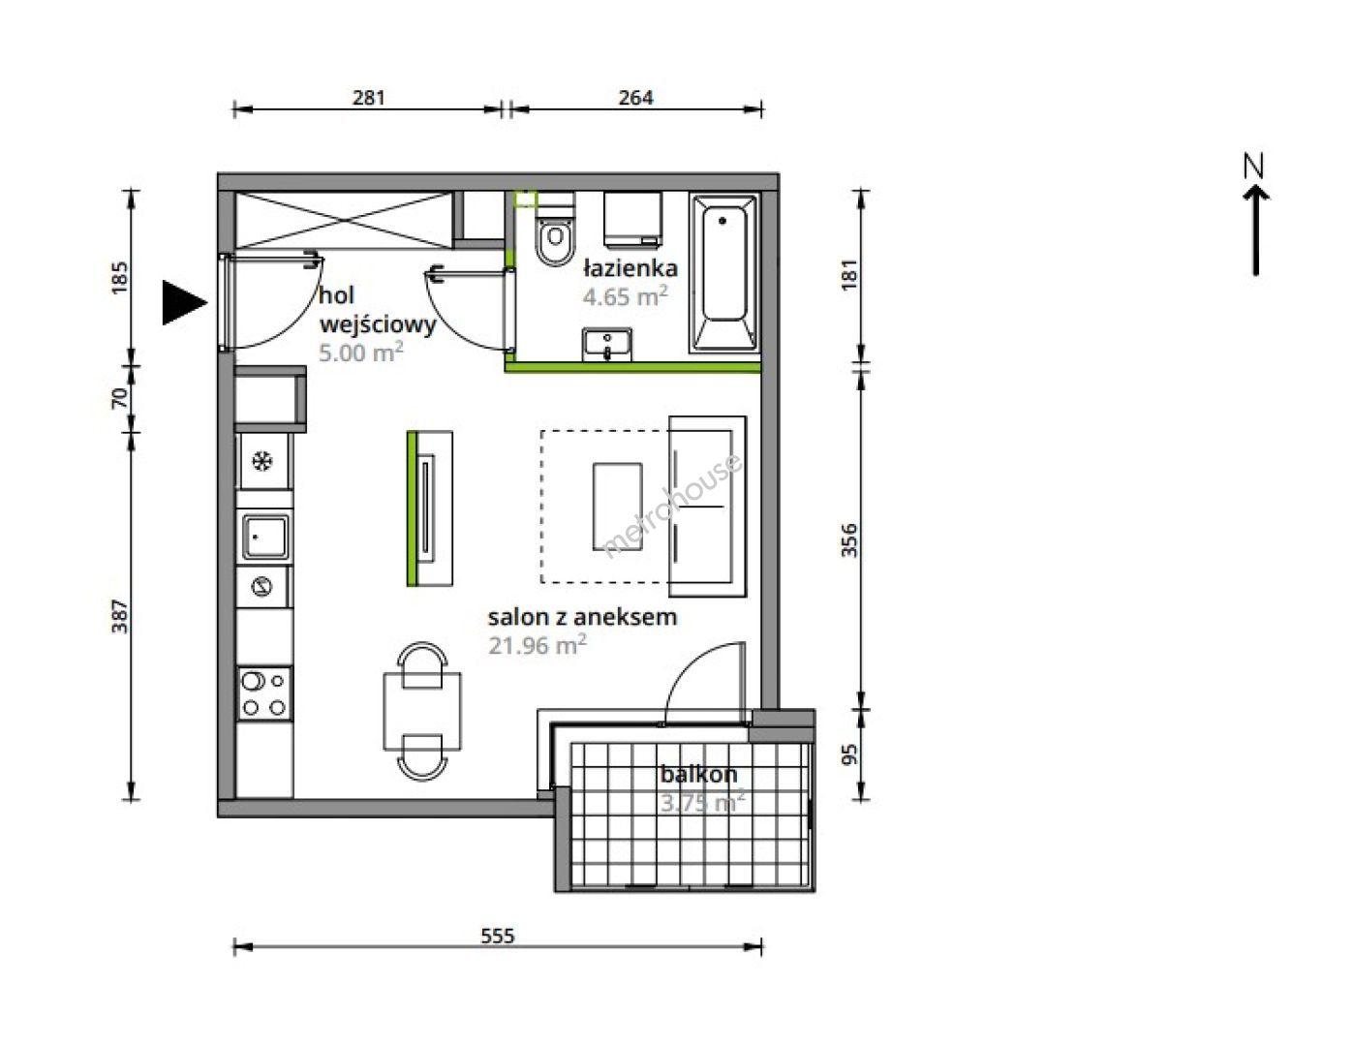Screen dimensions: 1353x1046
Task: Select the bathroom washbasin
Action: (607, 345)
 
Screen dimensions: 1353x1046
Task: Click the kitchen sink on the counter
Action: (265, 537)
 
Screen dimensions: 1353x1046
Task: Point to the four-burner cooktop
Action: (264, 693)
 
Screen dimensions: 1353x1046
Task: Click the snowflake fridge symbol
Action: (262, 462)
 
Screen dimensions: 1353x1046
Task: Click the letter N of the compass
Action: (1254, 166)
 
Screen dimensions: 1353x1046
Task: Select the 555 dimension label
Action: (498, 936)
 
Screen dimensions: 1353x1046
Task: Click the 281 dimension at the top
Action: (369, 98)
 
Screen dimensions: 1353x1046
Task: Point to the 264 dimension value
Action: (635, 98)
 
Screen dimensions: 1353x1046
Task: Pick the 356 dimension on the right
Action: (849, 540)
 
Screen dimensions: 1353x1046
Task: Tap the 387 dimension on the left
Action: (119, 616)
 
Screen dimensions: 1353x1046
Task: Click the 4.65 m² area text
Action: (625, 296)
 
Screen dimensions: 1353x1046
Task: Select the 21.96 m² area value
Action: (538, 645)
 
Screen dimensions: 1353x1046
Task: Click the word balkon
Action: (698, 775)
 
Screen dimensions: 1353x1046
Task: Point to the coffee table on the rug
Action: (617, 507)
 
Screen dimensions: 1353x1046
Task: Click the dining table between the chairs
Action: (423, 711)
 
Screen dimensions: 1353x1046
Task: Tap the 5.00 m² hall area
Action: (361, 353)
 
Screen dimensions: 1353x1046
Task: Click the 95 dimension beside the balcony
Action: (849, 754)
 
